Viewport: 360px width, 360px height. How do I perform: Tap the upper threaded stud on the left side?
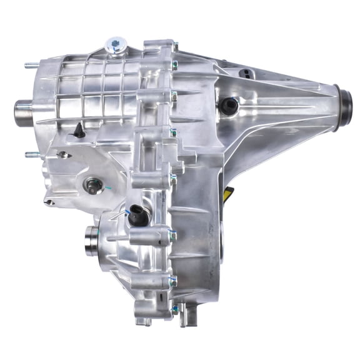click(30, 64)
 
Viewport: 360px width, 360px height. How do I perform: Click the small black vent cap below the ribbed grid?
click(80, 130)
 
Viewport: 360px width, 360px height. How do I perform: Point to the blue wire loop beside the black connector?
click(127, 213)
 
